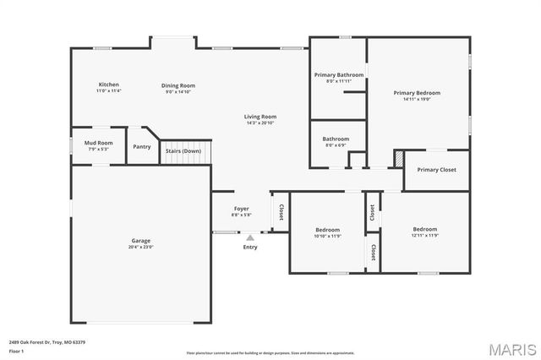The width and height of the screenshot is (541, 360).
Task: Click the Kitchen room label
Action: pos(109,85)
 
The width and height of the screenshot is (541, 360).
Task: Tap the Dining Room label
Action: pos(179,85)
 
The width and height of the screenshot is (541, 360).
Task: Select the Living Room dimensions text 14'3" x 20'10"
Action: pos(261,123)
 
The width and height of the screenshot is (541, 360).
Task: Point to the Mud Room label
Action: pos(98,143)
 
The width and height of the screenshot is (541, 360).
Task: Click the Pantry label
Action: pos(142,147)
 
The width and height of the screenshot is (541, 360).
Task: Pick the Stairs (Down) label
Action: pos(183,150)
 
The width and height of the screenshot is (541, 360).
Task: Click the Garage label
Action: pos(140,241)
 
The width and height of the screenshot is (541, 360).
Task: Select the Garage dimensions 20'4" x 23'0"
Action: pos(140,247)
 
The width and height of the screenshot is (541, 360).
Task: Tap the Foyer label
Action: pos(242,208)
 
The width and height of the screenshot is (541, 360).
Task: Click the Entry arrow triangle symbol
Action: pos(250,238)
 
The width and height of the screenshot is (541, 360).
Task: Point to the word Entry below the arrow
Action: pos(250,247)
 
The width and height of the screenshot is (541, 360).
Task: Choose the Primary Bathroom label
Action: pos(338,75)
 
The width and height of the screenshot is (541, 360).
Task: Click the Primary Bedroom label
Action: pos(417,93)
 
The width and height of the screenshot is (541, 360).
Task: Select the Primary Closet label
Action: pos(436,170)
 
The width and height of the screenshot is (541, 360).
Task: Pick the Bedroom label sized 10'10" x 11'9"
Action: pos(328,230)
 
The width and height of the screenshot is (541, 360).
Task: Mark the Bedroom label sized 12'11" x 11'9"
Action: pos(425,229)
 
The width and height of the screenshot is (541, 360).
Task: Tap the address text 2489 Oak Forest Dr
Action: pos(34,342)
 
